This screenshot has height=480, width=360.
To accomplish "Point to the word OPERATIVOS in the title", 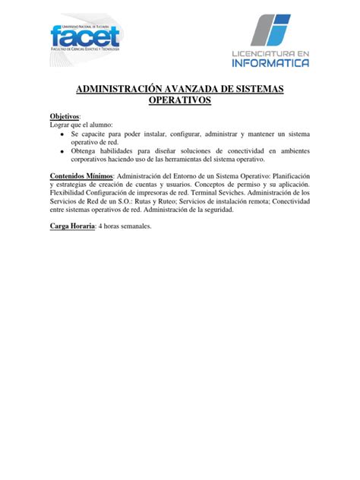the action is click(180, 102).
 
